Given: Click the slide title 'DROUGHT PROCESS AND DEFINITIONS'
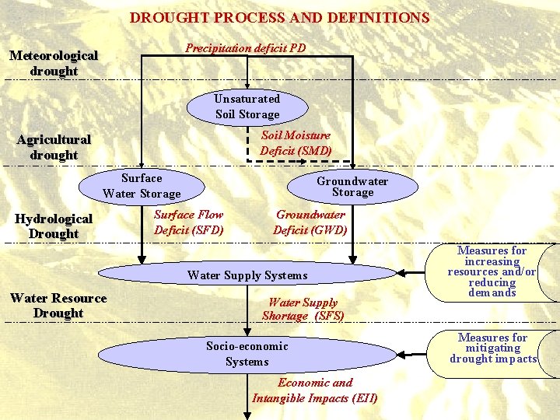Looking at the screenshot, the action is (279, 17).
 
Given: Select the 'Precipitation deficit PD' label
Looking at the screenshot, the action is (245, 48).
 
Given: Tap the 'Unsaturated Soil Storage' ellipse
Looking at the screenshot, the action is (247, 107).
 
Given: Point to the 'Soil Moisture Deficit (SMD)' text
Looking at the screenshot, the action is (296, 143).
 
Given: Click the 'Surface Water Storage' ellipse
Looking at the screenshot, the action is (142, 186).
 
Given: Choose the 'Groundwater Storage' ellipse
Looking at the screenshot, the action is (352, 186).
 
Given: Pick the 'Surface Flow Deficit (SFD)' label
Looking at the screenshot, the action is (188, 222).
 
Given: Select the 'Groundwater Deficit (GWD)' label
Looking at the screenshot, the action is (310, 222).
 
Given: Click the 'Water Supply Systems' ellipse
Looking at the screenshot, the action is (247, 275).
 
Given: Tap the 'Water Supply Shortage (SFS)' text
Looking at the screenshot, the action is (303, 310).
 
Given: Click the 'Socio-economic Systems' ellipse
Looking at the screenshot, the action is (247, 354).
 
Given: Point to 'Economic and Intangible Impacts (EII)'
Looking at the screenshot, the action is (315, 390).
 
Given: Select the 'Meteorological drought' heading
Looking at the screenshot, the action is (54, 63).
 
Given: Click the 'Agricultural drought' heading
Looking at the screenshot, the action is (54, 147).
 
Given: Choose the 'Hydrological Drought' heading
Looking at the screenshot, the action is (54, 226).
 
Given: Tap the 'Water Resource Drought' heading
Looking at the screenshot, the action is (58, 306).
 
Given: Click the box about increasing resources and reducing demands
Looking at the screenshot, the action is (492, 271).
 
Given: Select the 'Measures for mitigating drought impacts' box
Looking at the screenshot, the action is (493, 348).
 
